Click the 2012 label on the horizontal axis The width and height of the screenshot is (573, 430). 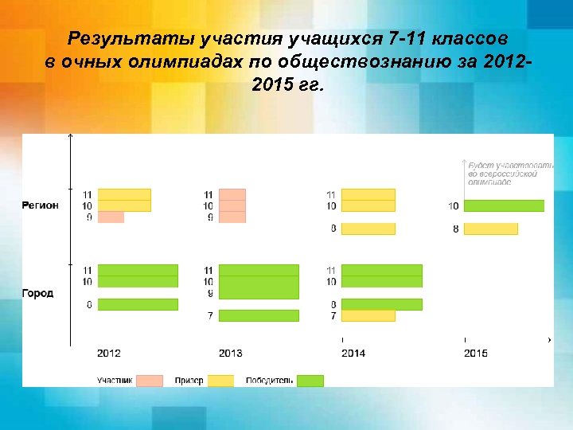click(109, 353)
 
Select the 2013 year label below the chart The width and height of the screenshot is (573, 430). click(231, 353)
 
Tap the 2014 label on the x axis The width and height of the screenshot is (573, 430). click(353, 353)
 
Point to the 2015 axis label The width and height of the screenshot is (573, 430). click(476, 353)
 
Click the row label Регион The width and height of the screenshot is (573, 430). click(40, 205)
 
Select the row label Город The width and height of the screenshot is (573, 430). click(37, 293)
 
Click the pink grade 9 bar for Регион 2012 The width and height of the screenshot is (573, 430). click(111, 217)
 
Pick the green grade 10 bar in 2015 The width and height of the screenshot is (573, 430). click(504, 206)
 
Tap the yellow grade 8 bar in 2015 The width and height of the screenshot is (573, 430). click(490, 229)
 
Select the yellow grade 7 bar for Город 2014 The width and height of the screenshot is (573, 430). click(368, 315)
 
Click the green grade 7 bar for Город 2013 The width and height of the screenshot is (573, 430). click(259, 315)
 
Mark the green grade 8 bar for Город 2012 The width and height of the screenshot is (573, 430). click(138, 304)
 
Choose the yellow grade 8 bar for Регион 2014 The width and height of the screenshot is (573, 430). click(368, 229)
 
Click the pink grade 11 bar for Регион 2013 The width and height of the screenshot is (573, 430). click(232, 194)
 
